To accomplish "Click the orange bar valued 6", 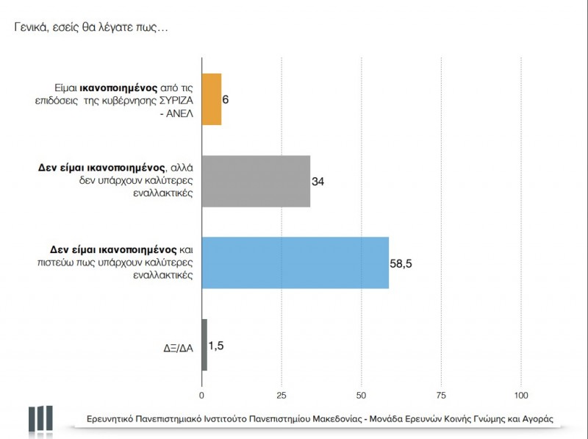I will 211,99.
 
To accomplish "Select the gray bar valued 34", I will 256,182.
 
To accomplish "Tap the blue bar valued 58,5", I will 295,263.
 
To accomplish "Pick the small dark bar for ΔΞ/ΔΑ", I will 204,344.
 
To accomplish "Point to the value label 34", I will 318,182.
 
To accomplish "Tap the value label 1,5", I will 216,344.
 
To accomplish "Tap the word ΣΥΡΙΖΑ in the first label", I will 172,99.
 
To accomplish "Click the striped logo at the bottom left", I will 40,419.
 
